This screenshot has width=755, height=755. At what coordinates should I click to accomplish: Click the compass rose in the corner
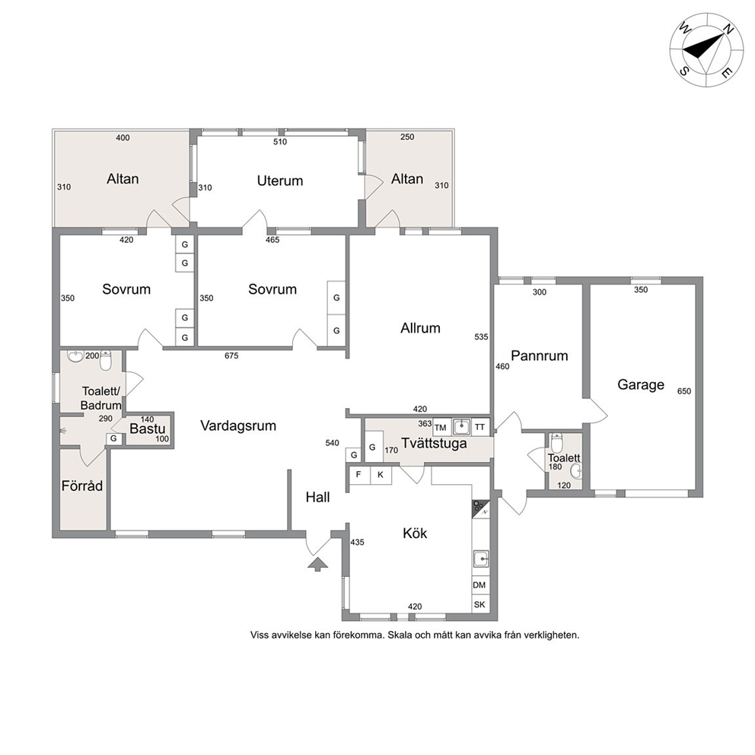(x=706, y=50)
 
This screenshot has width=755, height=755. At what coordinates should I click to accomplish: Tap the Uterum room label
(x=280, y=180)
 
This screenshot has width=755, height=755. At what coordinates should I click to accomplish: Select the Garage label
(x=640, y=384)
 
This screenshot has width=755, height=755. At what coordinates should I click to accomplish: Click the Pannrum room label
(x=540, y=356)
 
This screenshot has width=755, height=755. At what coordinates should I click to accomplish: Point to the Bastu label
(x=148, y=428)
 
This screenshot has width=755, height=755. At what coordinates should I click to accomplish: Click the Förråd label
(x=82, y=486)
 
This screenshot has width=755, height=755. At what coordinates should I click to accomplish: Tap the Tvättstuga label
(x=434, y=443)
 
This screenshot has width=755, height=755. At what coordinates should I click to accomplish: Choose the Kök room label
(x=415, y=533)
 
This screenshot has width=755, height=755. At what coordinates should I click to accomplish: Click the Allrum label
(x=420, y=328)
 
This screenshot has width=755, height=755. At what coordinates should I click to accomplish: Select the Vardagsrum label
(x=238, y=425)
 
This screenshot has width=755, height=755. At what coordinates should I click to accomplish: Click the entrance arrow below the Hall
(x=317, y=564)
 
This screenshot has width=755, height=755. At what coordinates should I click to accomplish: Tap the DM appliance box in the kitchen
(x=479, y=585)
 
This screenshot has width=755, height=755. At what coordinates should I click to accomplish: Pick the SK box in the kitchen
(x=479, y=604)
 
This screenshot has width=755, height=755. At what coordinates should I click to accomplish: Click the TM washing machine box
(x=440, y=427)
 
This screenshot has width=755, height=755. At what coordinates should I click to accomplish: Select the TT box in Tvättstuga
(x=480, y=427)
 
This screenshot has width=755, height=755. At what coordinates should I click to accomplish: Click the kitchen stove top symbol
(x=480, y=508)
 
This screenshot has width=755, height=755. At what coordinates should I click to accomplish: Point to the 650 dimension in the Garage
(x=683, y=391)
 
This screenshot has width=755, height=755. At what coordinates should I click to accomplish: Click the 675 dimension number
(x=231, y=356)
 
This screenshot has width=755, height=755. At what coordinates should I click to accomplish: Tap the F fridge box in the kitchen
(x=358, y=475)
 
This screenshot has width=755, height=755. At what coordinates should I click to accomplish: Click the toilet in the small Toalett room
(x=556, y=441)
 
